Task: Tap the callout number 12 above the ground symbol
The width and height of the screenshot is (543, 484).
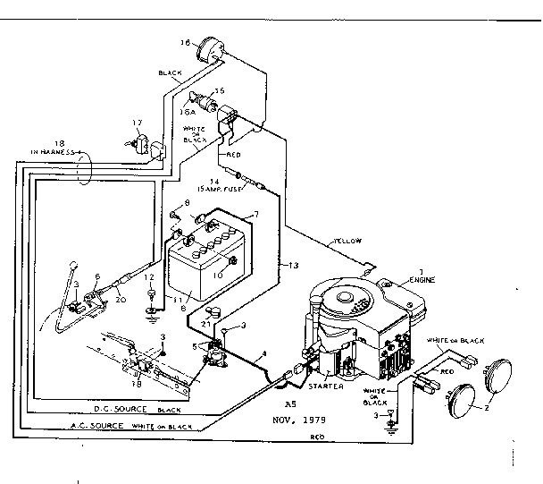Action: (x=151, y=276)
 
